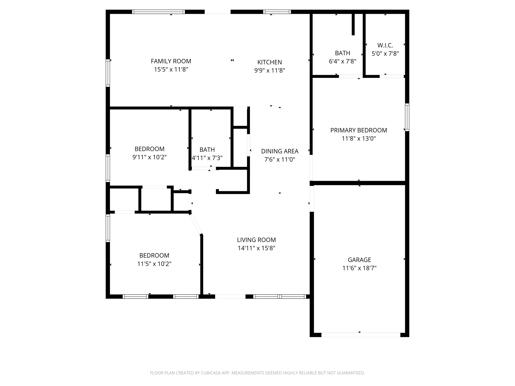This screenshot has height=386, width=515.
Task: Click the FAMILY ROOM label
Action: pyautogui.click(x=171, y=61)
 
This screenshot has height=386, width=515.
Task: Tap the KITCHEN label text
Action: pyautogui.click(x=270, y=62)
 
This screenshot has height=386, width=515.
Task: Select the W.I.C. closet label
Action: pyautogui.click(x=385, y=45)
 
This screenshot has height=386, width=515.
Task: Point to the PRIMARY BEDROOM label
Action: pyautogui.click(x=359, y=130)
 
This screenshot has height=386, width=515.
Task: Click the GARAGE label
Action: pyautogui.click(x=359, y=260)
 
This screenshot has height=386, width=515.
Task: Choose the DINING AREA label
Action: pyautogui.click(x=280, y=151)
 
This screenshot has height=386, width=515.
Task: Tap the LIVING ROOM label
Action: pyautogui.click(x=256, y=240)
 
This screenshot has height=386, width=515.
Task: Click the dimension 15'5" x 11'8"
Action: pyautogui.click(x=171, y=69)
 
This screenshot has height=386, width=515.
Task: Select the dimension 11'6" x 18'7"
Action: pyautogui.click(x=359, y=268)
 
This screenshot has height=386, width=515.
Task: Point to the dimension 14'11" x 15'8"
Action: pyautogui.click(x=256, y=248)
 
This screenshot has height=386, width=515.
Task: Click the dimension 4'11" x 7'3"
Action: pyautogui.click(x=207, y=158)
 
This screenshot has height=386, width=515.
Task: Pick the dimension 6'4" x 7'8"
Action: pyautogui.click(x=342, y=61)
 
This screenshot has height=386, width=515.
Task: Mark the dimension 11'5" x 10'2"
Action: pyautogui.click(x=154, y=264)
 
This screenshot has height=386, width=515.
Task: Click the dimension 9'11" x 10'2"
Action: pyautogui.click(x=149, y=157)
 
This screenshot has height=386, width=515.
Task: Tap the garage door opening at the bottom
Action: pyautogui.click(x=361, y=335)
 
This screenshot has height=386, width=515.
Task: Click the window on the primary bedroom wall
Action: pyautogui.click(x=407, y=117)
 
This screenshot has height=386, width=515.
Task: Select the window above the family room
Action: pyautogui.click(x=158, y=12)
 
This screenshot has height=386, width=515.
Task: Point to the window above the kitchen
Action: pyautogui.click(x=277, y=12)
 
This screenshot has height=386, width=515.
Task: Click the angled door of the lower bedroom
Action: pyautogui.click(x=196, y=224)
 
